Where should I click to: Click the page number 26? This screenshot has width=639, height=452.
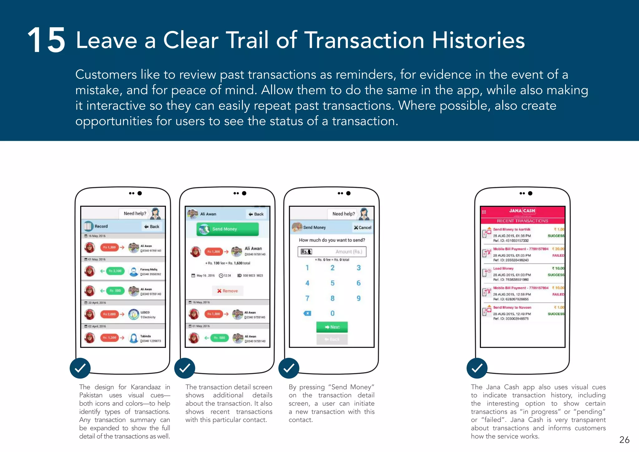point(624,440)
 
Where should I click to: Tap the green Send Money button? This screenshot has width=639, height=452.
point(227,229)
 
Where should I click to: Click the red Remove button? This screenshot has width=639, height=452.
point(227,291)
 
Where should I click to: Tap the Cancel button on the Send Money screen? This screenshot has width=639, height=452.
point(363,228)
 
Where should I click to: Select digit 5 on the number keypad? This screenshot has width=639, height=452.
point(332,283)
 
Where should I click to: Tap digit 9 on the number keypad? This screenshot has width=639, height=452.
point(359,298)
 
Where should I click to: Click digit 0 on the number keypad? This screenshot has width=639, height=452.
point(332,313)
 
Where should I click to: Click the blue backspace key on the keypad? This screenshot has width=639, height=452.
point(307,313)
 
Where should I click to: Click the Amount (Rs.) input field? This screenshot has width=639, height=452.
point(332,252)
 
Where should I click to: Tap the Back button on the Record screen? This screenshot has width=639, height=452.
point(152,227)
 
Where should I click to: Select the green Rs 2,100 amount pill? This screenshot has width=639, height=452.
point(115,271)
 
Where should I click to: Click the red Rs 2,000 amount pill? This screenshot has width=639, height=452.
point(109,314)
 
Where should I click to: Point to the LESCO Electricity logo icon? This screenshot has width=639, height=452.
point(134,314)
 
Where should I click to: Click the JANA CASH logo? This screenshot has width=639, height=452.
point(522,211)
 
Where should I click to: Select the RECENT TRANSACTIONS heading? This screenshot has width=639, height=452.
point(522,221)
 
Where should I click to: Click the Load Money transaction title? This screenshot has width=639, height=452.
point(503,268)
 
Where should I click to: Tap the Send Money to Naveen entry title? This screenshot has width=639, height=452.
point(512,307)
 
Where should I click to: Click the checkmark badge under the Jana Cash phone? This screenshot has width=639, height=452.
point(477,368)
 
